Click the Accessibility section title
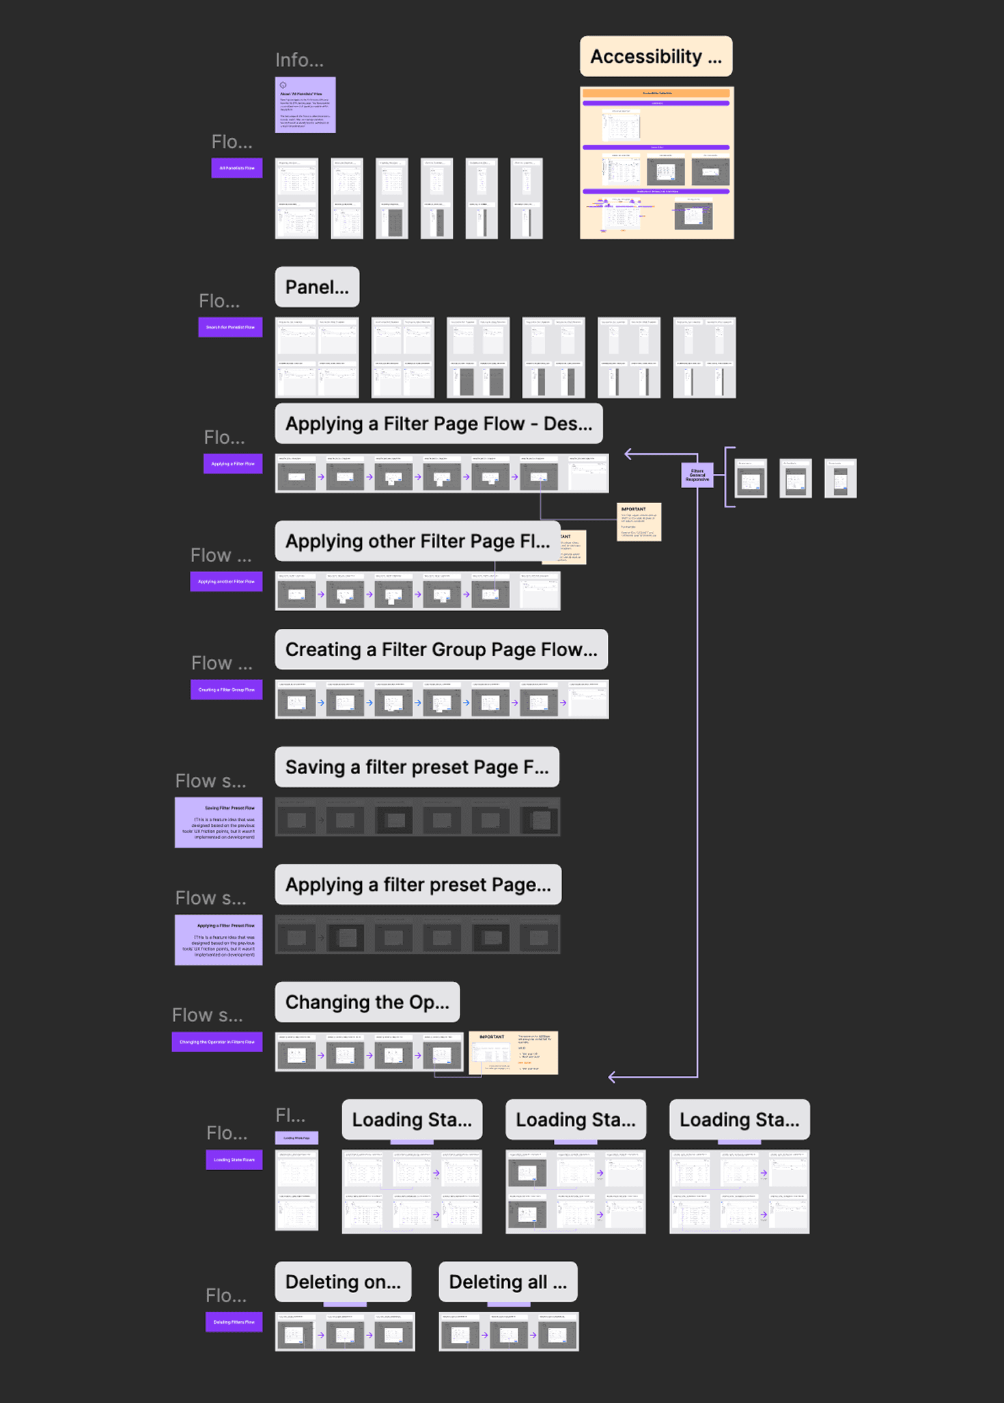(656, 57)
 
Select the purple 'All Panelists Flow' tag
(237, 168)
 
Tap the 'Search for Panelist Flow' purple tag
(230, 327)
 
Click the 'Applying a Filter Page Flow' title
(438, 424)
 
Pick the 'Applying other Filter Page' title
(417, 541)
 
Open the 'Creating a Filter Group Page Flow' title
(441, 650)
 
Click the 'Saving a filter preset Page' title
(417, 767)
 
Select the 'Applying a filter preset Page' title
(418, 885)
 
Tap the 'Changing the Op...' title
(367, 1002)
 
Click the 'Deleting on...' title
(343, 1282)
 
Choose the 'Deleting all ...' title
(507, 1282)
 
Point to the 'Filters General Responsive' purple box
(697, 475)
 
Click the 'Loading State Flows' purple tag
(234, 1160)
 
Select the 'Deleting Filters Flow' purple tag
(234, 1322)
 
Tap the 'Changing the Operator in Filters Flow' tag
(217, 1042)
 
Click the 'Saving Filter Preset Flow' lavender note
(219, 823)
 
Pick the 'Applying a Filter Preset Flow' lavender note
(219, 940)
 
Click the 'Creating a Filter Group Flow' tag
(226, 690)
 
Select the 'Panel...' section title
(317, 287)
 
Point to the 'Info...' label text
(299, 60)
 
